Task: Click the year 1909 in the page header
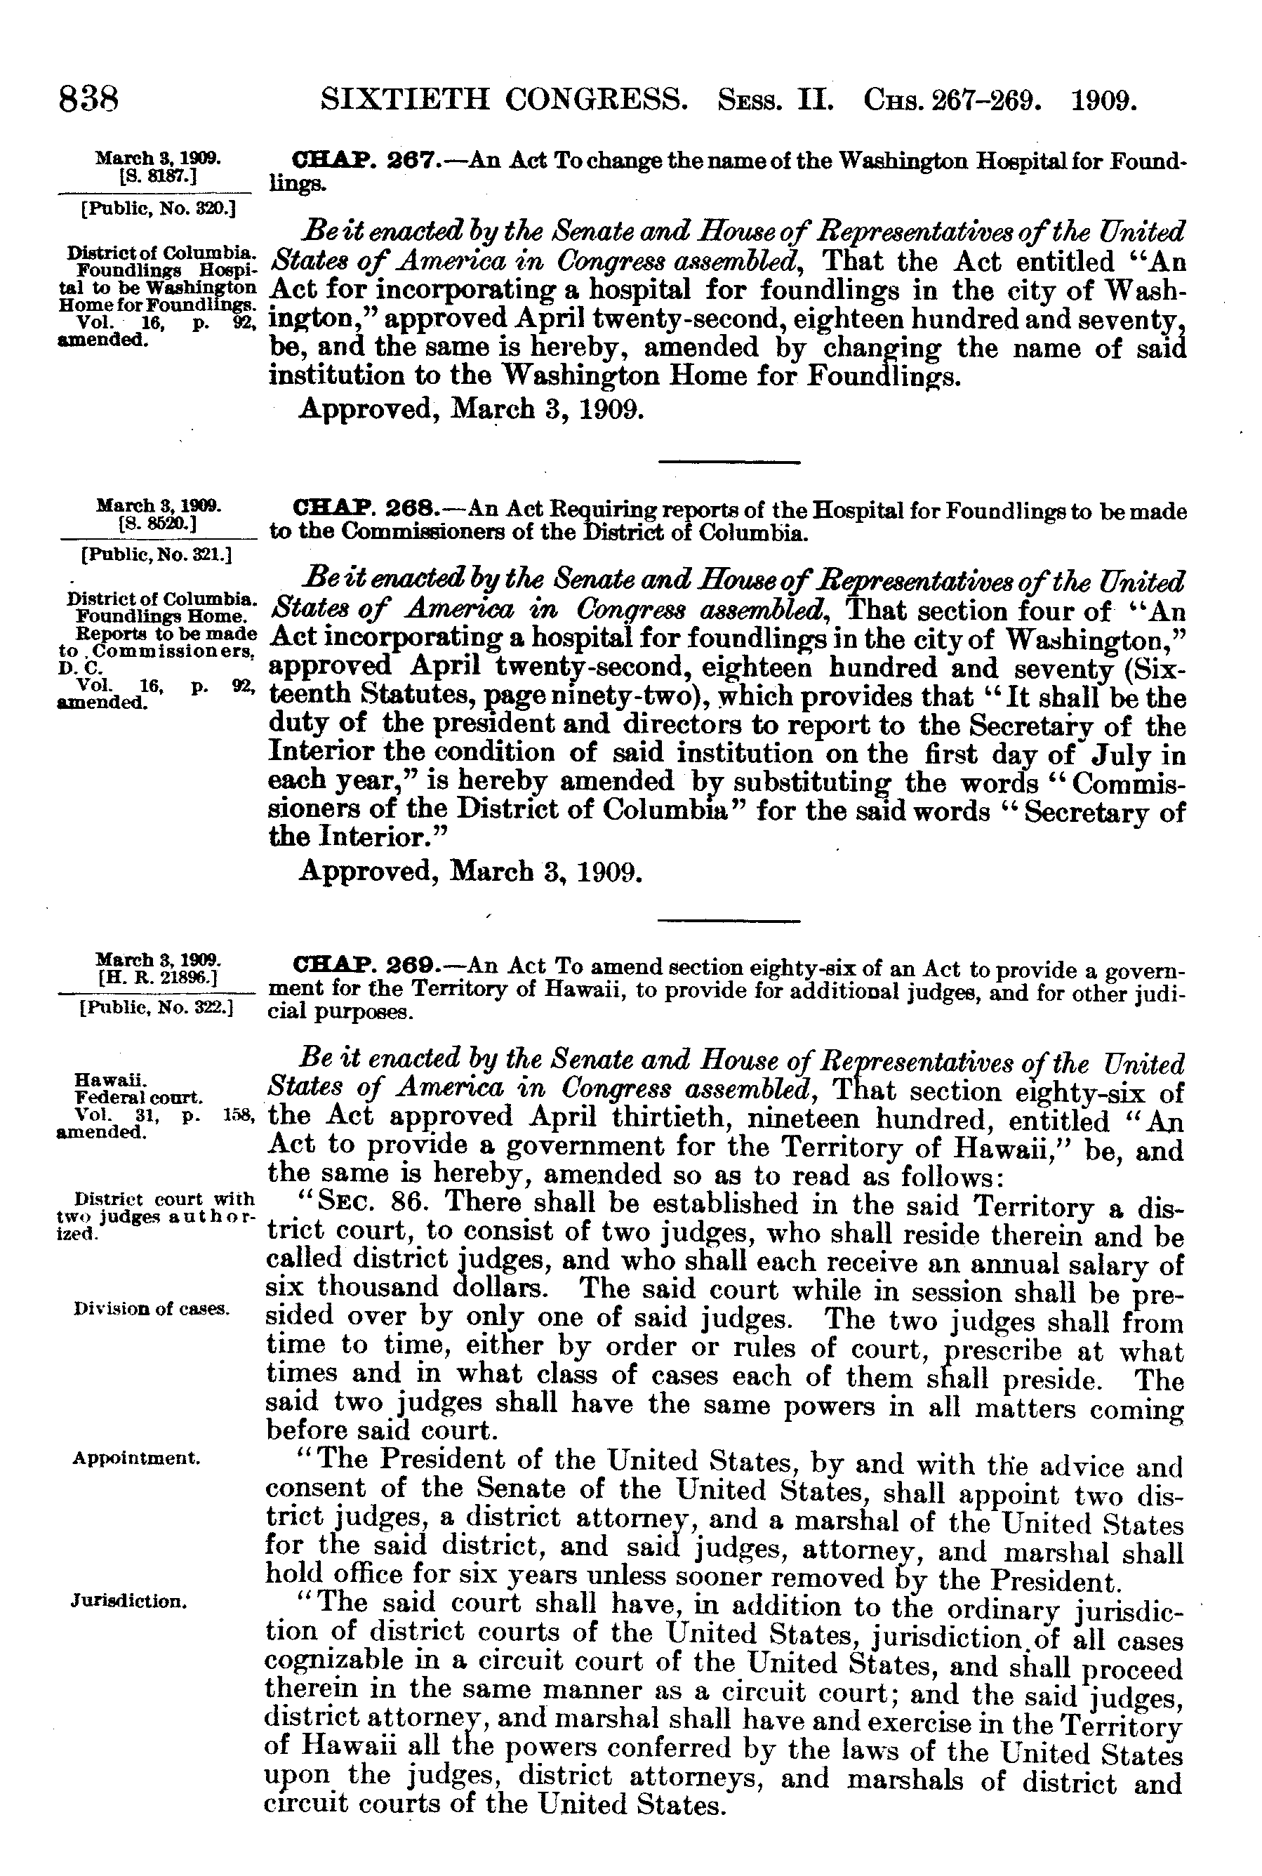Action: [1104, 100]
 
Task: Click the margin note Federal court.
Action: [138, 1097]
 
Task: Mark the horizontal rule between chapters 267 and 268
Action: [729, 462]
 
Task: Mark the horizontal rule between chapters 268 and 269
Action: [729, 920]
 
